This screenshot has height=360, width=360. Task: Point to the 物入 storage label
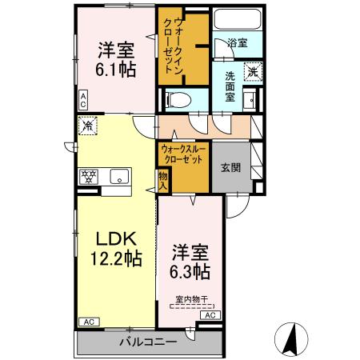[x=163, y=181]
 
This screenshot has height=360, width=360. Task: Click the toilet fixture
[x=176, y=99]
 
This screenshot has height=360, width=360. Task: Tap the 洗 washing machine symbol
[x=251, y=71]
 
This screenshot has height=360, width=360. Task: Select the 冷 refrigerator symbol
[x=89, y=126]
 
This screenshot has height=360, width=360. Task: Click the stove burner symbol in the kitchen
[x=88, y=177]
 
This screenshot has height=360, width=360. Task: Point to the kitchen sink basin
[x=119, y=177]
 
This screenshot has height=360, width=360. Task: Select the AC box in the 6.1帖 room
[x=83, y=99]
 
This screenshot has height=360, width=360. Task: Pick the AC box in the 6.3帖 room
[x=210, y=316]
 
